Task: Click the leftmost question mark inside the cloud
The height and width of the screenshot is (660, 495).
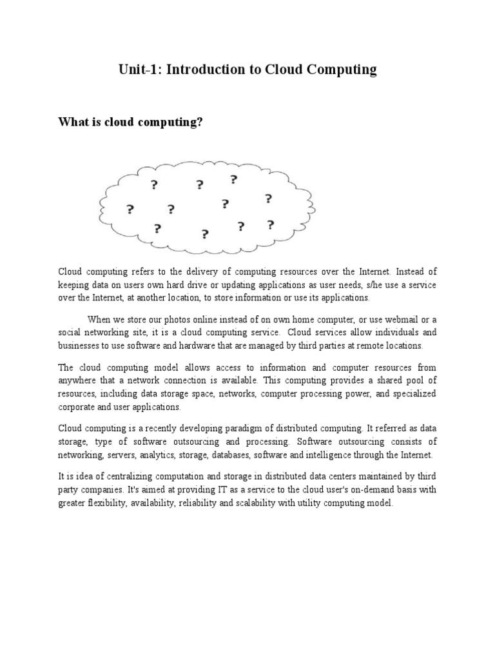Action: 130,209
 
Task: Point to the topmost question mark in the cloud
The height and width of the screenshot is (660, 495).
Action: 233,179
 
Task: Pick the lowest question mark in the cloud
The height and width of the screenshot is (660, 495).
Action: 205,234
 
